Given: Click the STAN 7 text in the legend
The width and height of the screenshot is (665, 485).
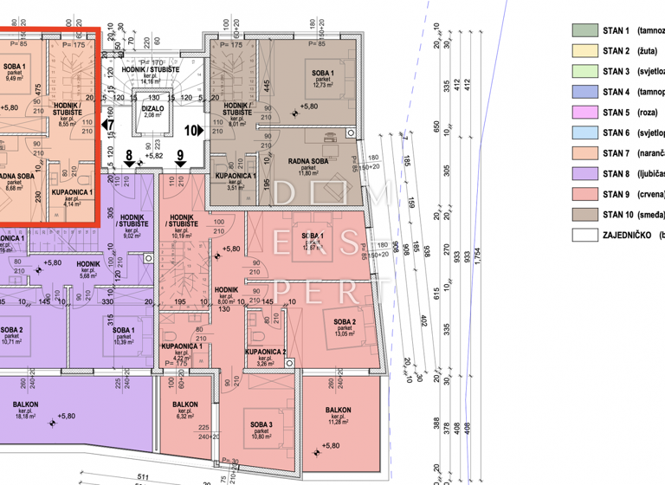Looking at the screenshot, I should pyautogui.click(x=617, y=153).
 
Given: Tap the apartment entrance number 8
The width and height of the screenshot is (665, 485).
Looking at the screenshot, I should pyautogui.click(x=129, y=158).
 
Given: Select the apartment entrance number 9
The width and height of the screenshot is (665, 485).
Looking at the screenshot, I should pyautogui.click(x=180, y=158).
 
